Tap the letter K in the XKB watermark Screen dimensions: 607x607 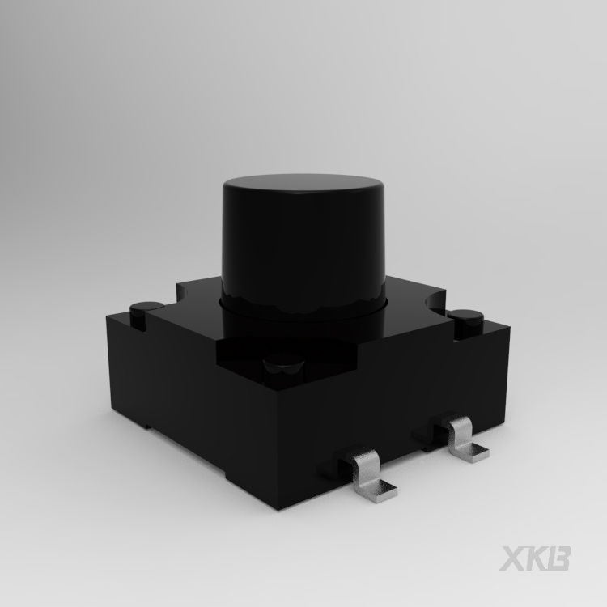tap(536, 558)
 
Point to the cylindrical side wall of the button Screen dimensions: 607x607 tap(303, 252)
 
